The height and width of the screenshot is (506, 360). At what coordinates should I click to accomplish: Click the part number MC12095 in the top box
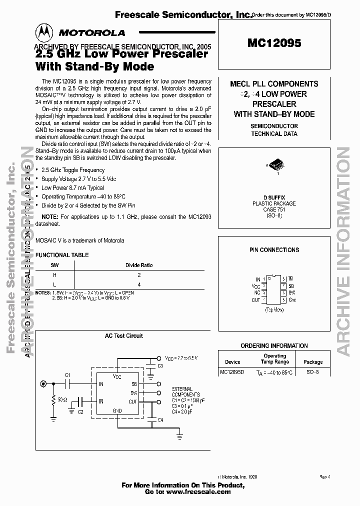pyautogui.click(x=274, y=43)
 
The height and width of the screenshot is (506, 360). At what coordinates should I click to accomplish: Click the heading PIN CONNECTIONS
pyautogui.click(x=274, y=249)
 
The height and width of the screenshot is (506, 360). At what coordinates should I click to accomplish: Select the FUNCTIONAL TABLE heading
pyautogui.click(x=62, y=254)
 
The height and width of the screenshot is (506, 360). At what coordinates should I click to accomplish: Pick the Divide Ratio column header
pyautogui.click(x=139, y=265)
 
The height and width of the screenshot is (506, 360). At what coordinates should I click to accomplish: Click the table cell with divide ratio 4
pyautogui.click(x=139, y=284)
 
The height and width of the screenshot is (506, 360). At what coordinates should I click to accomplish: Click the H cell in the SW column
pyautogui.click(x=54, y=274)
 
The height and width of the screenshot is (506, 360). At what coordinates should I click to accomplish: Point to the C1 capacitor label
pyautogui.click(x=68, y=375)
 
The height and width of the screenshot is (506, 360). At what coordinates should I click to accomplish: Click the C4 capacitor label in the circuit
pyautogui.click(x=160, y=420)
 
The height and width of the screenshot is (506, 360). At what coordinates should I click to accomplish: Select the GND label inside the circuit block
pyautogui.click(x=117, y=410)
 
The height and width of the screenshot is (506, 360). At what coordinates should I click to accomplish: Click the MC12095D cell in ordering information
pyautogui.click(x=232, y=372)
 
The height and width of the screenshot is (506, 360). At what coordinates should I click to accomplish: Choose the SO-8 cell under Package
pyautogui.click(x=313, y=372)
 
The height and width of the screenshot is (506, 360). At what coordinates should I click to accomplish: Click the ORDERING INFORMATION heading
pyautogui.click(x=274, y=345)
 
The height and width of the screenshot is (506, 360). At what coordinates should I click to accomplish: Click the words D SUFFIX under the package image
pyautogui.click(x=274, y=197)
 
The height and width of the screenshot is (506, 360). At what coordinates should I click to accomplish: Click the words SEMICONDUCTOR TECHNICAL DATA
pyautogui.click(x=274, y=130)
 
